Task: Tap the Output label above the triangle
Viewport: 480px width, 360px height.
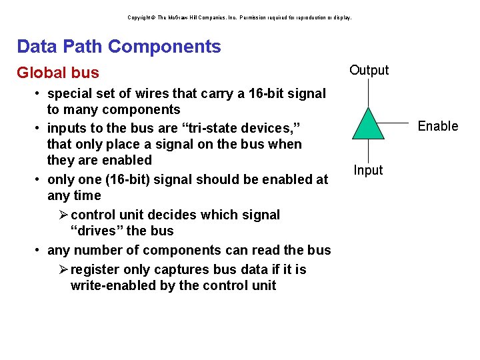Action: pos(369,71)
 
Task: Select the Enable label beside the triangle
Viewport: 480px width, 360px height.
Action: pos(437,126)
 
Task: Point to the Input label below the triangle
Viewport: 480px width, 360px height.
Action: pos(368,170)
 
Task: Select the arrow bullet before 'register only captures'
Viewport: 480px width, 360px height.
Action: pos(63,269)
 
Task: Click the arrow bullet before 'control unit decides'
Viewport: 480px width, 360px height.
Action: pos(63,215)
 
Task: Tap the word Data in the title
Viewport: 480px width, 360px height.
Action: pos(37,47)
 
